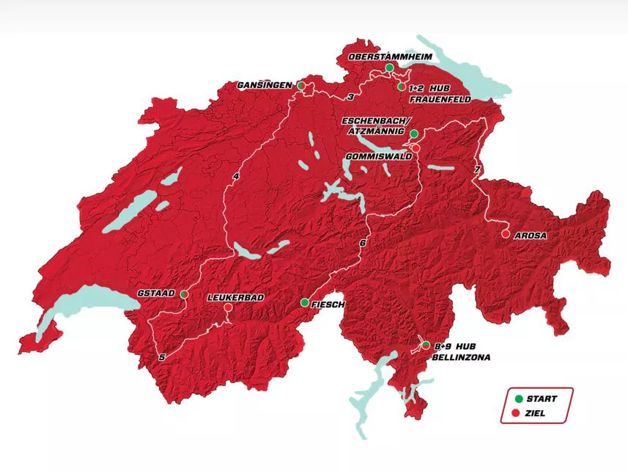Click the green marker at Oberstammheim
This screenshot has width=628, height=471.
tap(390, 67)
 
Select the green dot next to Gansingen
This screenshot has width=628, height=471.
tap(300, 86)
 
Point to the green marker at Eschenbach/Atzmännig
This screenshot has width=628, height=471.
tap(414, 134)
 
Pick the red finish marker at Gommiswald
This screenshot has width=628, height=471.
tap(415, 148)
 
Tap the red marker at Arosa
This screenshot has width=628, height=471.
tap(506, 233)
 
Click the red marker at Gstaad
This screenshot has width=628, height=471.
tap(184, 293)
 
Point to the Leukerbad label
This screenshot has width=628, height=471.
tap(235, 297)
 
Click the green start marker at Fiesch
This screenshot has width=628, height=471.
tap(305, 302)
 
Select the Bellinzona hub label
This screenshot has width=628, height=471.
tap(460, 351)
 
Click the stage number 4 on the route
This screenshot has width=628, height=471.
tap(236, 177)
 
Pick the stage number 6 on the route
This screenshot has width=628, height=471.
tap(362, 243)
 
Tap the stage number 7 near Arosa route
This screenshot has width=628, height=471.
tap(477, 170)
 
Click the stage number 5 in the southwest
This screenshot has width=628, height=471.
tap(161, 357)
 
